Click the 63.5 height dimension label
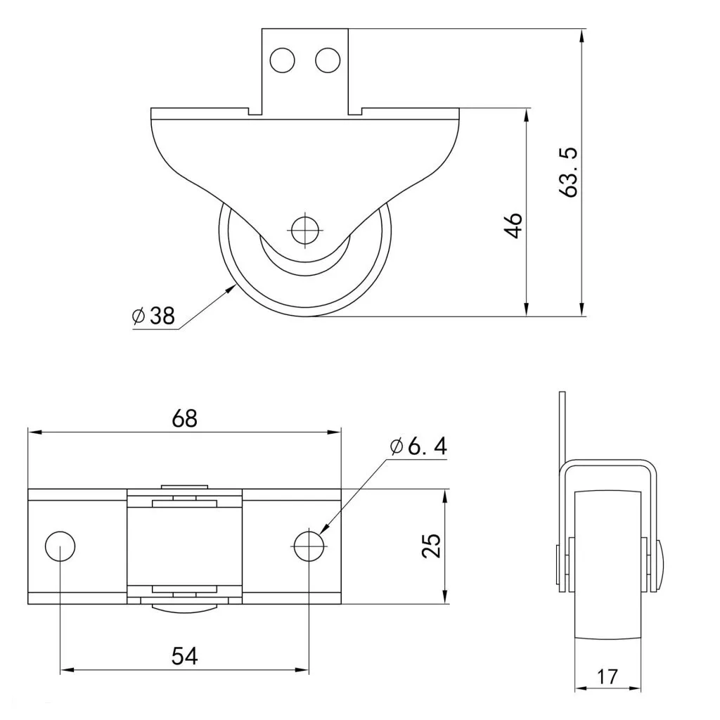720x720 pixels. [571, 173]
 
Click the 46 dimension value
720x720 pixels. [514, 226]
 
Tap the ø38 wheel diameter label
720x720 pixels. [153, 316]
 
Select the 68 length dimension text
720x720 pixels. [185, 418]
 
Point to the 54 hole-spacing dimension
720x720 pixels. [185, 656]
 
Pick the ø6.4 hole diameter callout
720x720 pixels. [418, 446]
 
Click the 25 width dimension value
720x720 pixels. [432, 546]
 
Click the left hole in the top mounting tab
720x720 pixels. [282, 60]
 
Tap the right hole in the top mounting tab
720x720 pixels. [328, 60]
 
